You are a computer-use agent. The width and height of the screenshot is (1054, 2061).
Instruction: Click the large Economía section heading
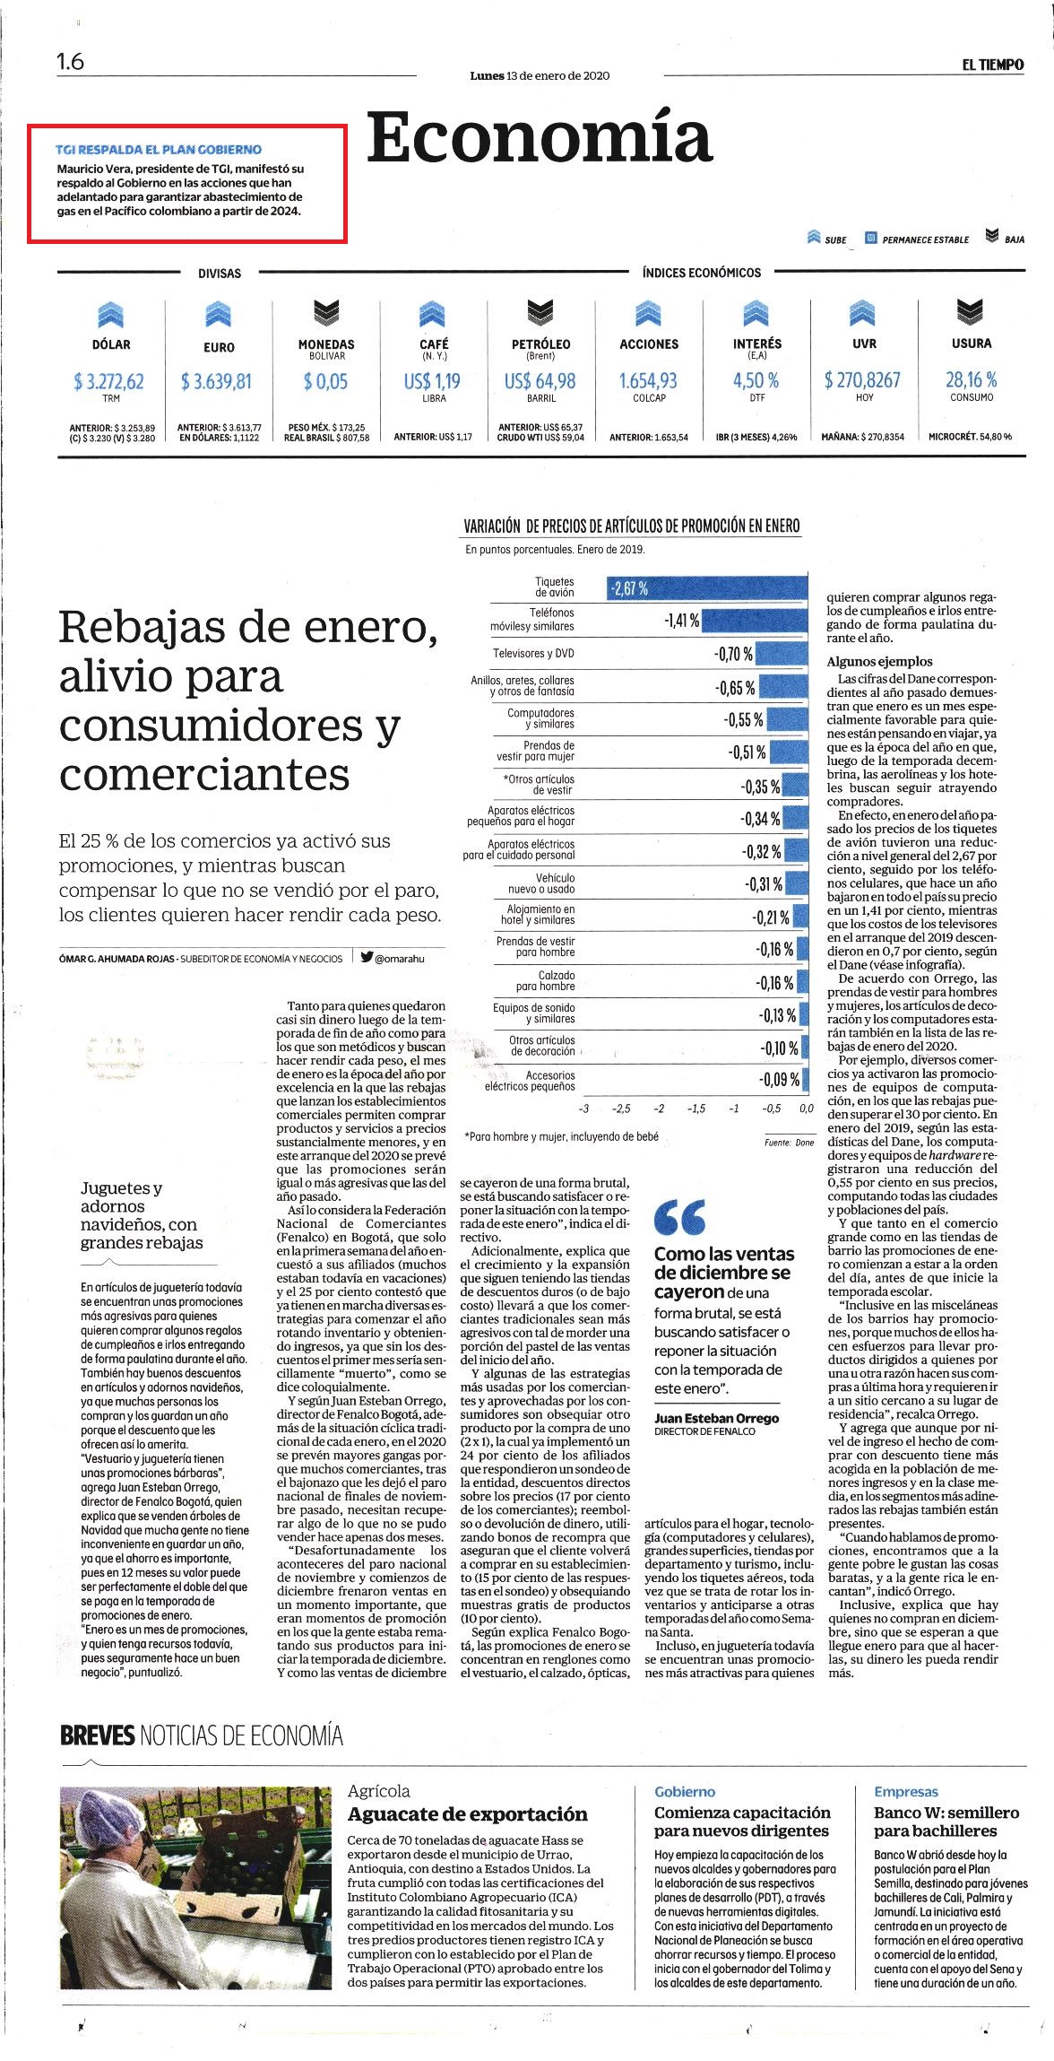pyautogui.click(x=540, y=137)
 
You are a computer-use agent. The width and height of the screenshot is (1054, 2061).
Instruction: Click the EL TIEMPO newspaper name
pyautogui.click(x=993, y=65)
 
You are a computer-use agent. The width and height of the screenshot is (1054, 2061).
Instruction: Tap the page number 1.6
pyautogui.click(x=70, y=62)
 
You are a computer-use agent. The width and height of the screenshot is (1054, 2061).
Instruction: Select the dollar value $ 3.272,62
pyautogui.click(x=109, y=381)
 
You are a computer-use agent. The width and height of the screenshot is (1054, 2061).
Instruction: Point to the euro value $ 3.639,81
pyautogui.click(x=217, y=381)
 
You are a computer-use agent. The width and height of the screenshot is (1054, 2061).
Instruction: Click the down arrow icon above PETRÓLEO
pyautogui.click(x=540, y=313)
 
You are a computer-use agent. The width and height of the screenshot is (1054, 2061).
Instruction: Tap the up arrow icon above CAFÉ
pyautogui.click(x=433, y=313)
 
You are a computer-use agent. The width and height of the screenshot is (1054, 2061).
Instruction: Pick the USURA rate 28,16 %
pyautogui.click(x=972, y=379)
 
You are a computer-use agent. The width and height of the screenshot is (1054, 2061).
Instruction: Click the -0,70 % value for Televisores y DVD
pyautogui.click(x=733, y=654)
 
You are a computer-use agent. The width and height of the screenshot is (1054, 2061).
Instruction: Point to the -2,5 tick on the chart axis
pyautogui.click(x=621, y=1109)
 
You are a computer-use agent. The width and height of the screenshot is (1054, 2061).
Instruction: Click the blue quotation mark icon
pyautogui.click(x=679, y=1217)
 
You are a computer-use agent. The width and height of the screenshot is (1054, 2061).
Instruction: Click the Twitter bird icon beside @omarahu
pyautogui.click(x=367, y=957)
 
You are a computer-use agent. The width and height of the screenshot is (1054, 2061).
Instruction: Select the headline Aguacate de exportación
pyautogui.click(x=468, y=1813)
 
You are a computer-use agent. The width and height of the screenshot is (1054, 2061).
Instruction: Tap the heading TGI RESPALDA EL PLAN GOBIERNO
pyautogui.click(x=159, y=150)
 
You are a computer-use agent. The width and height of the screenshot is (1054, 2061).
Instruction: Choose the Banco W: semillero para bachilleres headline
pyautogui.click(x=946, y=1822)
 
